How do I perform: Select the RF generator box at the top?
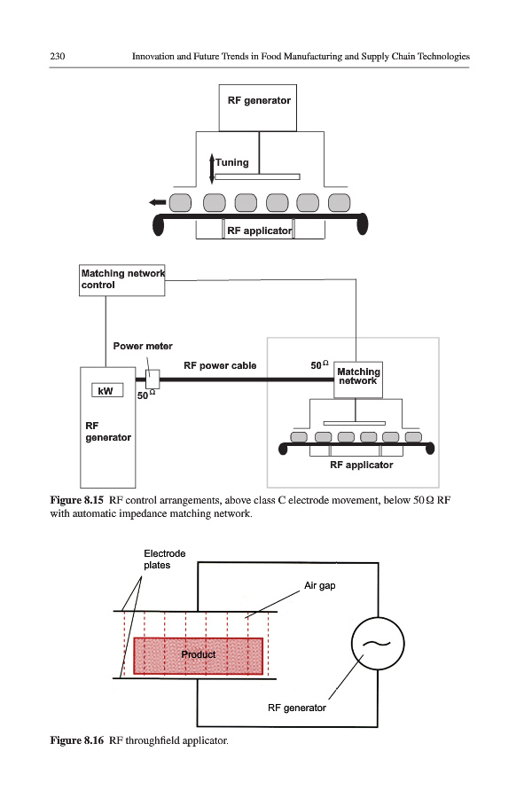(x=258, y=106)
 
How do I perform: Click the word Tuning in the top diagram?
(x=232, y=162)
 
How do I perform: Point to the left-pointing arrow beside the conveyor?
(x=158, y=203)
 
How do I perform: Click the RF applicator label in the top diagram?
(x=259, y=231)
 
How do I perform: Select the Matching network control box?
(x=122, y=279)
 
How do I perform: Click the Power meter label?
(x=143, y=346)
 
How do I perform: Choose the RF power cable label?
(x=219, y=365)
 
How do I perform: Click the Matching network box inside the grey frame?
(x=358, y=377)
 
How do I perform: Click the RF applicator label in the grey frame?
(x=361, y=465)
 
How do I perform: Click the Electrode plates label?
(x=165, y=559)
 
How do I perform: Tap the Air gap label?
(x=320, y=586)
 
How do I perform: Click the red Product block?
(x=199, y=655)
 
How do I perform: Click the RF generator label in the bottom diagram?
(x=297, y=708)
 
